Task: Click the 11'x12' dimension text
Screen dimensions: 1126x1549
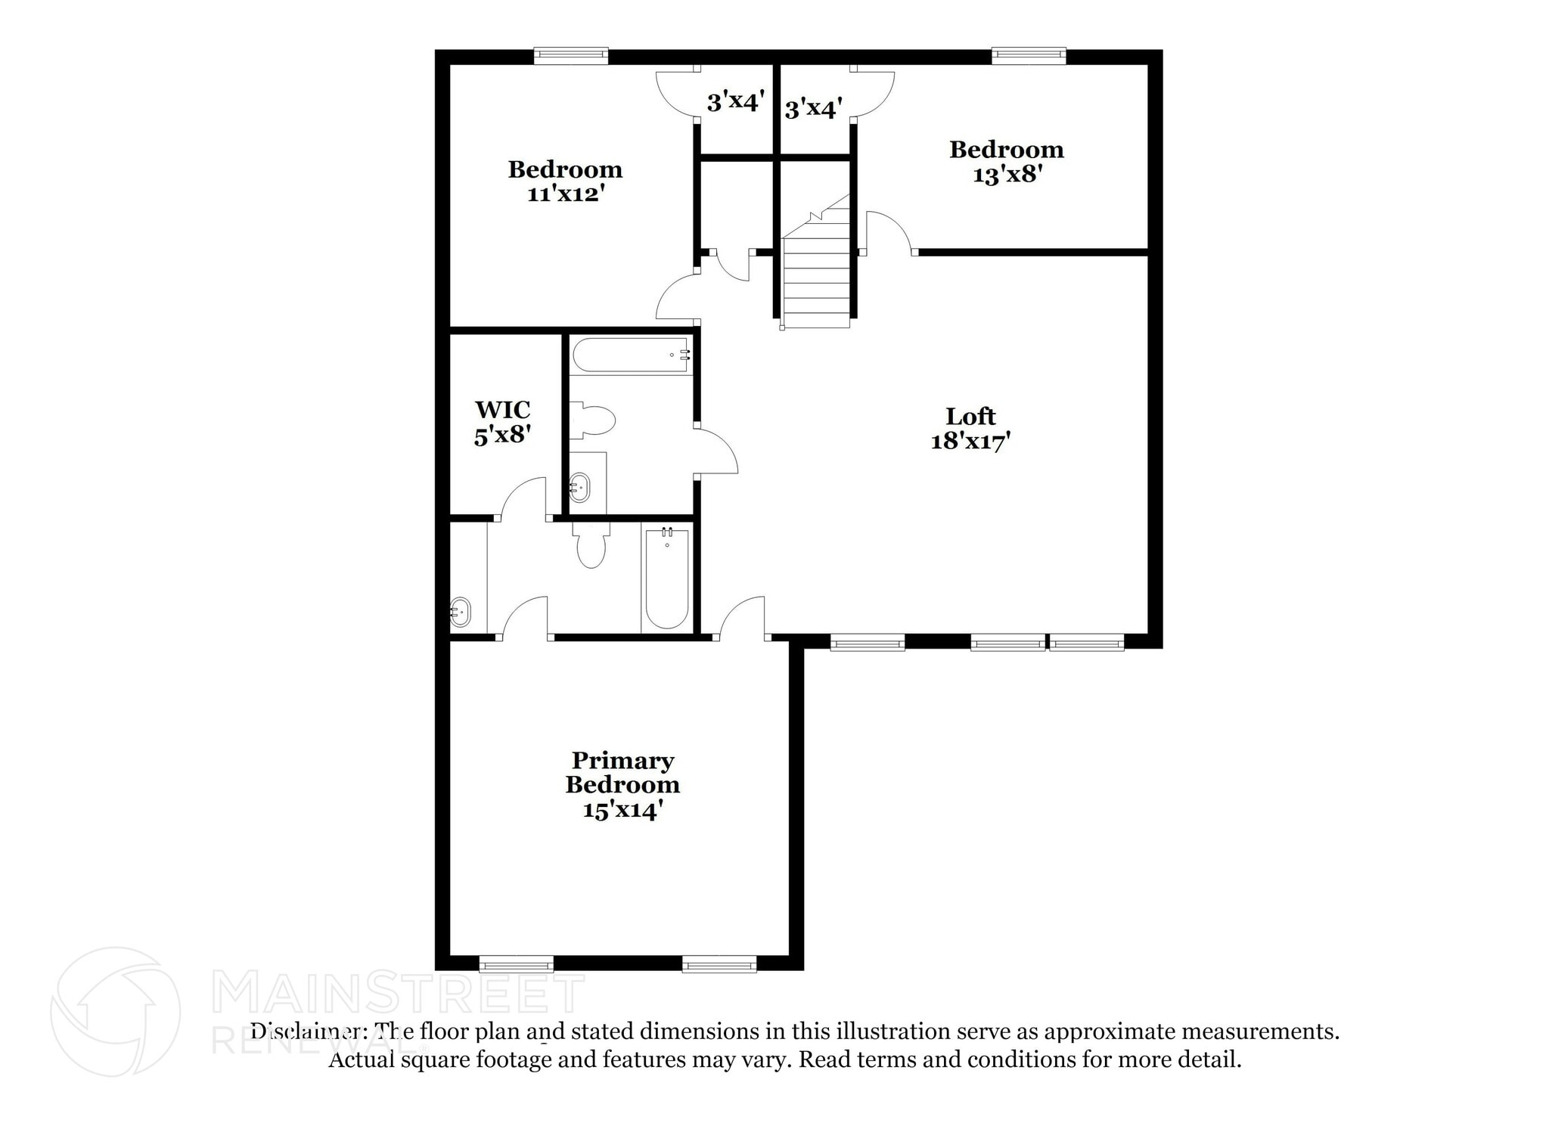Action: [565, 194]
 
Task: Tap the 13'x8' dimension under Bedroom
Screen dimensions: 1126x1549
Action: [1007, 175]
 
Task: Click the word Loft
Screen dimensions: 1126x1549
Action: [970, 416]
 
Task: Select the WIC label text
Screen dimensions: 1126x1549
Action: [502, 410]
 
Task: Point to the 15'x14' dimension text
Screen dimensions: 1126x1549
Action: [622, 810]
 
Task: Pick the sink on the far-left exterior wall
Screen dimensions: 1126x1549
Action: [460, 612]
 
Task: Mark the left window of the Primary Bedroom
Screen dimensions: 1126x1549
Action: [517, 963]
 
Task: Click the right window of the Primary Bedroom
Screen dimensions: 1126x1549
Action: [719, 963]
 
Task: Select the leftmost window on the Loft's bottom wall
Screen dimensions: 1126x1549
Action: [868, 644]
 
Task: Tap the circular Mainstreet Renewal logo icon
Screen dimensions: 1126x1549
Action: [116, 1011]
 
